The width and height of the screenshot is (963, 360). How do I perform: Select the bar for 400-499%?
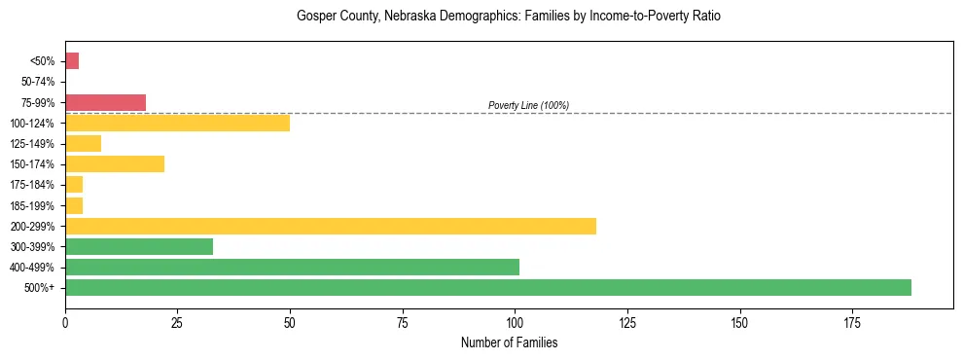(292, 267)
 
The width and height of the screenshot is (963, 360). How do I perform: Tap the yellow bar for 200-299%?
(331, 226)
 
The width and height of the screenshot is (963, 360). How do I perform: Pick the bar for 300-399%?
(139, 246)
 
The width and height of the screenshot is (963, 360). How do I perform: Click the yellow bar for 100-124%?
(177, 123)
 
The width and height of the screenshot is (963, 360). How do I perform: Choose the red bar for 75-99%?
(105, 102)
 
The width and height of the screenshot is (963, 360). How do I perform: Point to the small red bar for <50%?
(72, 61)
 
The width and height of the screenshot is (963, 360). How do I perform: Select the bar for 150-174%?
(115, 163)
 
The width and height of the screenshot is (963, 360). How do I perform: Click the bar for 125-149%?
(83, 143)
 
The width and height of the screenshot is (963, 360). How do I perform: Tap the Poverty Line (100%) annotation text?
(528, 105)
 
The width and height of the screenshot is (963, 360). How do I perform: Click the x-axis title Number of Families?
(509, 342)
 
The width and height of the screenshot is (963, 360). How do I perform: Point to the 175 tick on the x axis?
(852, 321)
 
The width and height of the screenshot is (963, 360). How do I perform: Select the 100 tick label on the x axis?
(515, 321)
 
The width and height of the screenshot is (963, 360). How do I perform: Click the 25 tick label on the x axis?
(177, 321)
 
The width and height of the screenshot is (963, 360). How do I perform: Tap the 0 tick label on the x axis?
(65, 321)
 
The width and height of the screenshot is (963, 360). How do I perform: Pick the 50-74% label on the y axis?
(38, 82)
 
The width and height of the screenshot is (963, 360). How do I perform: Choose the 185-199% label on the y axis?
(35, 205)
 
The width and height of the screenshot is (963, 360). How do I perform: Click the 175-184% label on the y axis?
(35, 185)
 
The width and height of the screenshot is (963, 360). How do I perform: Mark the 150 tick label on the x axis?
(739, 321)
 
